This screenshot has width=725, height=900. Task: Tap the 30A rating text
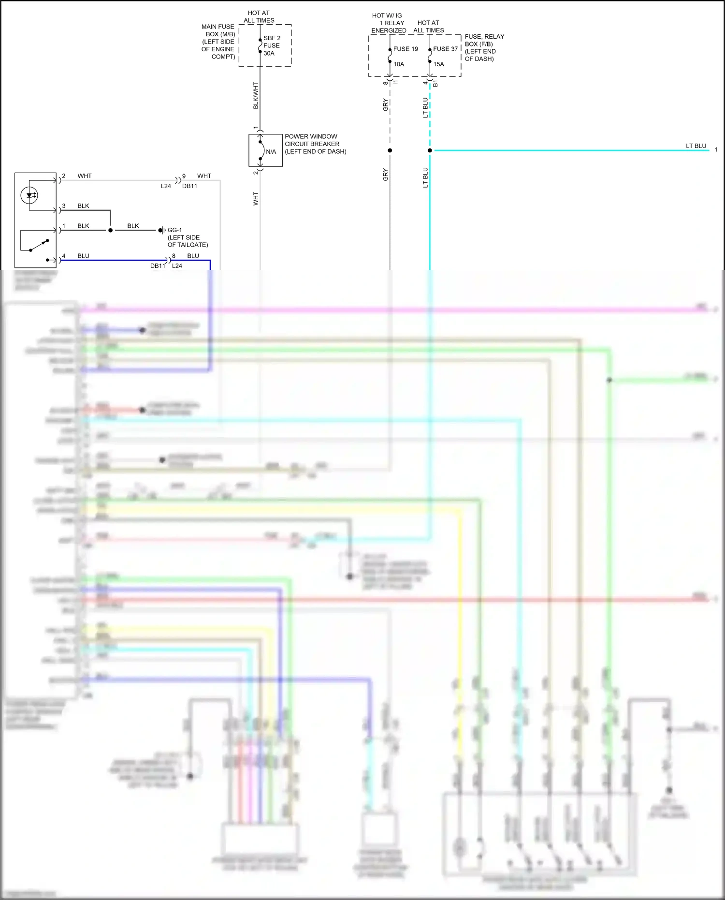[x=269, y=53]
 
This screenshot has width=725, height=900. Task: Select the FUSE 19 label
[x=406, y=49]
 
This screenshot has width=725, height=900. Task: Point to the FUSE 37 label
[x=445, y=49]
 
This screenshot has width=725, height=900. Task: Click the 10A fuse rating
[x=399, y=64]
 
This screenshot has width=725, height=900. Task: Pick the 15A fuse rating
[x=438, y=64]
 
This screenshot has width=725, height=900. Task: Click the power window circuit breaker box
[x=265, y=150]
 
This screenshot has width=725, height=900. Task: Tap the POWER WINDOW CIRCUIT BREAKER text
[x=315, y=144]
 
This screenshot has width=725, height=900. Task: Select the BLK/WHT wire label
[x=256, y=95]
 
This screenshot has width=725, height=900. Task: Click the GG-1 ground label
[x=174, y=230]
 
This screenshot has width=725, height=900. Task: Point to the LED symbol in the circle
[x=29, y=195]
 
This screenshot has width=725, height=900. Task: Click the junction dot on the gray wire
[x=390, y=150]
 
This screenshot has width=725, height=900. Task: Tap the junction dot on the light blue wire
[x=430, y=150]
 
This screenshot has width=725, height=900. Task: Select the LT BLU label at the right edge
[x=696, y=146]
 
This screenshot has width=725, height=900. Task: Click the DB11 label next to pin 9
[x=189, y=186]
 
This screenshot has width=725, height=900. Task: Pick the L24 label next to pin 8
[x=177, y=266]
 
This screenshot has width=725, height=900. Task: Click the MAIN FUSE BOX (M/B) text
[x=218, y=42]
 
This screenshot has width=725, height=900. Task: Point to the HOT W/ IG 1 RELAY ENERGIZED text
[x=389, y=23]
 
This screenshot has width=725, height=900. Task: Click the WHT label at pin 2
[x=85, y=176]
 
